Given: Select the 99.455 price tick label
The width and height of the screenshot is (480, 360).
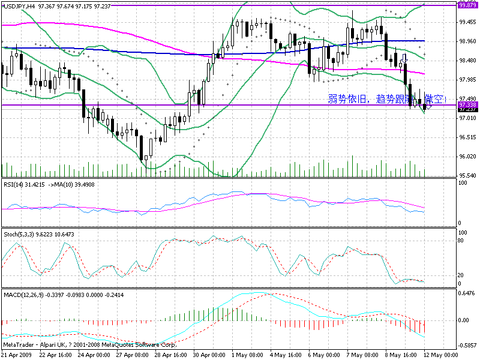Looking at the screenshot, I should click(467, 22).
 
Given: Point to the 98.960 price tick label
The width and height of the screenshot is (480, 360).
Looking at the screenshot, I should click(467, 41).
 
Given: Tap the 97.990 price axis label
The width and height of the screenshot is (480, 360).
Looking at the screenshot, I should click(467, 80).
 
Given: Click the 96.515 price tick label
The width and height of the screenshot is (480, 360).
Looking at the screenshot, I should click(467, 137).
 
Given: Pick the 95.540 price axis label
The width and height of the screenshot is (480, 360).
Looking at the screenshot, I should click(467, 175).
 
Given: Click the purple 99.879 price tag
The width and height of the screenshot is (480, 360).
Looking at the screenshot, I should click(467, 5).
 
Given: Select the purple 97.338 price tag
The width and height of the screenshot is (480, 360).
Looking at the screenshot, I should click(467, 105).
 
